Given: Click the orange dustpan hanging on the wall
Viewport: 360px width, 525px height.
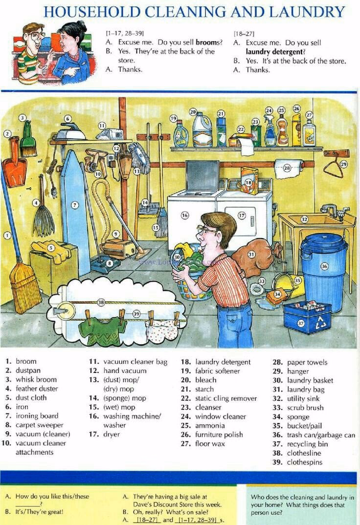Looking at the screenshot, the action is pos(14,164).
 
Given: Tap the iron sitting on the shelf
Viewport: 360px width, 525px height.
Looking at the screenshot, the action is pos(70,132).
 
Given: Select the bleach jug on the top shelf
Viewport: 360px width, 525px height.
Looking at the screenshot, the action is pos(202,130).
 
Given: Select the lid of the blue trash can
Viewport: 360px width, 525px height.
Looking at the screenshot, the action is pos(324,242).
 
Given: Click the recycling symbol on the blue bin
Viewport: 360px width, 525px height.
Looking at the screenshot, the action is pos(321,323).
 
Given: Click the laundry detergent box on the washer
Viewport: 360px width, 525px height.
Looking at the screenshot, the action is pos(249,180).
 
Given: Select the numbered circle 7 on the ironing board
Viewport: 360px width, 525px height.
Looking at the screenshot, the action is pos(75,205).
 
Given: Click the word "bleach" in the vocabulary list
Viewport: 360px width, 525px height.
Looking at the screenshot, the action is pos(205,380).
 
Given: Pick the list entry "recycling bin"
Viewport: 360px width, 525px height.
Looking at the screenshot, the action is pos(308,444).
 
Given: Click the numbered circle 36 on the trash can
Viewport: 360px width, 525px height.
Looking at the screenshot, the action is pos(324,266).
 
